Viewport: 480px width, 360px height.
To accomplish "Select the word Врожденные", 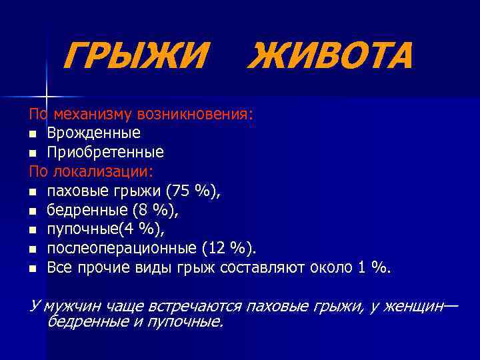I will (93, 133).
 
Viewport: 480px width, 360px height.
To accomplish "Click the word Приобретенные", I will (105, 152).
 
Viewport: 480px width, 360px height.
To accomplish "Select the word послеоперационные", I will (121, 249).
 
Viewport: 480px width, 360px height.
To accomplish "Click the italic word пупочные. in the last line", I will (189, 322).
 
